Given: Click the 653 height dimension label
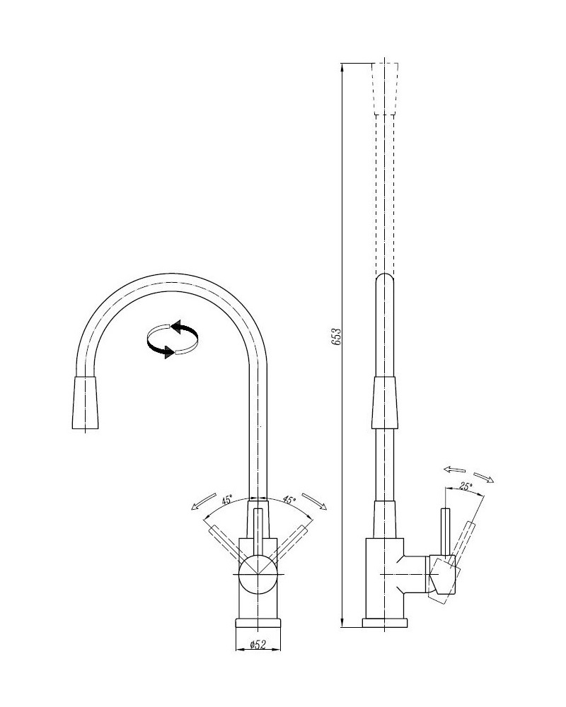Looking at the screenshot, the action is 337,337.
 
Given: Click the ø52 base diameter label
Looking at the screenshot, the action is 258,645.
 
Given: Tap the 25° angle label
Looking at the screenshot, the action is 466,486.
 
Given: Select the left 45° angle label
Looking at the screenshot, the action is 227,500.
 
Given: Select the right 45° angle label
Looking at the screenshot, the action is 289,500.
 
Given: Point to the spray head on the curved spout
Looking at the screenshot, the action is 85,402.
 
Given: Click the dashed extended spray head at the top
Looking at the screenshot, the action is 385,87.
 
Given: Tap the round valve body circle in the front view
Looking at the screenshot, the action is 258,574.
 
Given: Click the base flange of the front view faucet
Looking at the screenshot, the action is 258,623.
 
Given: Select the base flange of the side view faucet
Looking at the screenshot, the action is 385,623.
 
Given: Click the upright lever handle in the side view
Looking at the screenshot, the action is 445,532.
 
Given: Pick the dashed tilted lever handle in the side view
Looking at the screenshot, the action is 462,544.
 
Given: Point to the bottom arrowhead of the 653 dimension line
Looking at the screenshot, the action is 342,622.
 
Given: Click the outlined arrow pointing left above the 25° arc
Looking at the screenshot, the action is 454,469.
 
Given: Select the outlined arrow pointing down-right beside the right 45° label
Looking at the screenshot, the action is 314,501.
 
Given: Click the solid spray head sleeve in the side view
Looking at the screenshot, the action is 385,403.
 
